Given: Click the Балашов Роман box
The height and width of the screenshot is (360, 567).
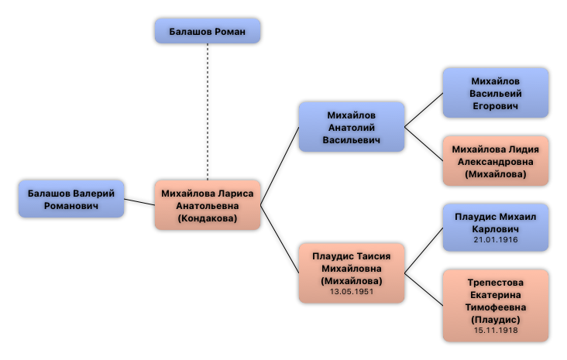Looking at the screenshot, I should (207, 31).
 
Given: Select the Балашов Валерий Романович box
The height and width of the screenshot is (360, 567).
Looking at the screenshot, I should (70, 199).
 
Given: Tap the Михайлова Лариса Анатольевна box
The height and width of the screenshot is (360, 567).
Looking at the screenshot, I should (207, 205).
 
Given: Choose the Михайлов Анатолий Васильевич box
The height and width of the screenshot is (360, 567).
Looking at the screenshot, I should (352, 127).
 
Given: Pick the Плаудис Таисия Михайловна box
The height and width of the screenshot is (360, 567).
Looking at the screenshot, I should (352, 273).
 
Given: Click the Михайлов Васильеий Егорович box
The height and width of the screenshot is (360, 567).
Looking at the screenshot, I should (495, 93).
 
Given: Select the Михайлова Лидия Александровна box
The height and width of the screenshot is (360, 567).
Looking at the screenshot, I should (495, 161).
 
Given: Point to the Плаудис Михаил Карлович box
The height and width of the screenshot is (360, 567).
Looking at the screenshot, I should (495, 227).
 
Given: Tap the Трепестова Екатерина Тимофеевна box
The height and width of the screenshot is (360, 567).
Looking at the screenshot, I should (495, 305).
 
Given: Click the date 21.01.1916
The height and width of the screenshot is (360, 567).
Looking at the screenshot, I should (495, 240).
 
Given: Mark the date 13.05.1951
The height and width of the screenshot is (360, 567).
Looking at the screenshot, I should (352, 292).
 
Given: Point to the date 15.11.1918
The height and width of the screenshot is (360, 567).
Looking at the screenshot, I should (495, 331).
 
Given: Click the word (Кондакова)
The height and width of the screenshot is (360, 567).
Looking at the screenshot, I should (207, 218).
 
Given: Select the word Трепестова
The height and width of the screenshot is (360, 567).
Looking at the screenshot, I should (495, 283).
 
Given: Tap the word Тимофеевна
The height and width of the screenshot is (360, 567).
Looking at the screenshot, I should (495, 307).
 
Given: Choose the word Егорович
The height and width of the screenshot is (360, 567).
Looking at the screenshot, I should (495, 105).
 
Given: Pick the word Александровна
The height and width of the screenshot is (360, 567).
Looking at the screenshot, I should (495, 162).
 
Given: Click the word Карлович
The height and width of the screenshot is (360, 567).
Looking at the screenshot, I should (495, 229).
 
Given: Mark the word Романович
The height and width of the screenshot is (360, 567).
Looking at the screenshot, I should (70, 206).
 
